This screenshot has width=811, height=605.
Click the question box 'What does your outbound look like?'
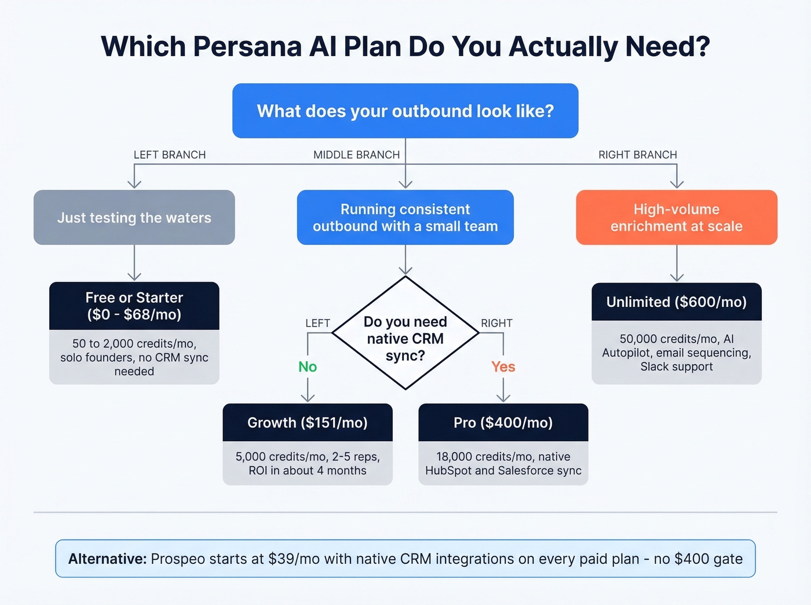pyautogui.click(x=405, y=111)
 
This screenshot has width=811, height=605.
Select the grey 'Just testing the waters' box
pyautogui.click(x=134, y=218)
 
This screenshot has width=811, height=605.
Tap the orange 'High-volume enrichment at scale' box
pyautogui.click(x=676, y=218)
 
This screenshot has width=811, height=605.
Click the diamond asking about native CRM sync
pyautogui.click(x=405, y=338)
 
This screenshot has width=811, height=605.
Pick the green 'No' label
pyautogui.click(x=308, y=366)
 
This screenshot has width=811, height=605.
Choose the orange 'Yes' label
pyautogui.click(x=503, y=366)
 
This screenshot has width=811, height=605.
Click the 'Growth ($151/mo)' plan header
pyautogui.click(x=308, y=423)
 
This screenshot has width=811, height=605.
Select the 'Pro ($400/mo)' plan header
pyautogui.click(x=503, y=423)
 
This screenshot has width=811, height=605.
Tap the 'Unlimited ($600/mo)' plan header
pyautogui.click(x=676, y=302)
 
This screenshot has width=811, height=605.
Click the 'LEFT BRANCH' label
pyautogui.click(x=170, y=155)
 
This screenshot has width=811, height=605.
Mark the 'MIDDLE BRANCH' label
pyautogui.click(x=356, y=155)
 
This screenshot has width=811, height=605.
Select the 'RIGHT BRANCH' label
pyautogui.click(x=637, y=155)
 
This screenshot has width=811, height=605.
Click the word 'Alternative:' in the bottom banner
pyautogui.click(x=107, y=559)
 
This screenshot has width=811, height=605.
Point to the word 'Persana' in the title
pyautogui.click(x=247, y=46)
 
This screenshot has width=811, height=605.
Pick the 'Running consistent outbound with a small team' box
pyautogui.click(x=405, y=218)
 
